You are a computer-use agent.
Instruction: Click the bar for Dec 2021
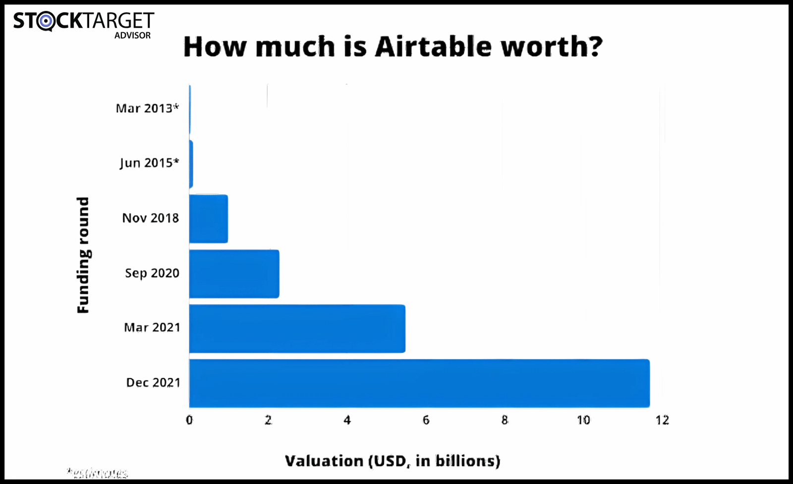pyautogui.click(x=419, y=383)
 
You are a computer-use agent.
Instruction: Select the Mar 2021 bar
pyautogui.click(x=297, y=328)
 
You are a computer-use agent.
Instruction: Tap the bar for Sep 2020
pyautogui.click(x=234, y=274)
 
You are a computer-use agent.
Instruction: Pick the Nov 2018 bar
pyautogui.click(x=209, y=219)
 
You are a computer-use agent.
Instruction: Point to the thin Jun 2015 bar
pyautogui.click(x=191, y=164)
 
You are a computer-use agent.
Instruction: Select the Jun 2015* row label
pyautogui.click(x=149, y=163)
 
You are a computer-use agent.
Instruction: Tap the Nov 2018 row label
pyautogui.click(x=151, y=218)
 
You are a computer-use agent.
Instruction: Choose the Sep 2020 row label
pyautogui.click(x=152, y=273)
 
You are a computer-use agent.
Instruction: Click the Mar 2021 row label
pyautogui.click(x=152, y=328)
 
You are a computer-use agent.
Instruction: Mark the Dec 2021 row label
pyautogui.click(x=153, y=383)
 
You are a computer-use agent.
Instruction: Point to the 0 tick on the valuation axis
pyautogui.click(x=189, y=421)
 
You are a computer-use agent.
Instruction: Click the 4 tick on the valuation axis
pyautogui.click(x=347, y=421)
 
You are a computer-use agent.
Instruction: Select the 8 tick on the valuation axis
pyautogui.click(x=505, y=421)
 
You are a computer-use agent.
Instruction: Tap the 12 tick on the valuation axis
pyautogui.click(x=662, y=421)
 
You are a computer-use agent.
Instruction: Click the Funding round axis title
pyautogui.click(x=83, y=255)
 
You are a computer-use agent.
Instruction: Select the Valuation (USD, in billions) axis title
pyautogui.click(x=393, y=461)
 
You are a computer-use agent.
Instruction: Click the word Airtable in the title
pyautogui.click(x=434, y=47)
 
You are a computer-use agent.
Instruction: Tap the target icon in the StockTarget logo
pyautogui.click(x=46, y=21)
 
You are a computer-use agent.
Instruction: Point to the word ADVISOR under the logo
pyautogui.click(x=132, y=36)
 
